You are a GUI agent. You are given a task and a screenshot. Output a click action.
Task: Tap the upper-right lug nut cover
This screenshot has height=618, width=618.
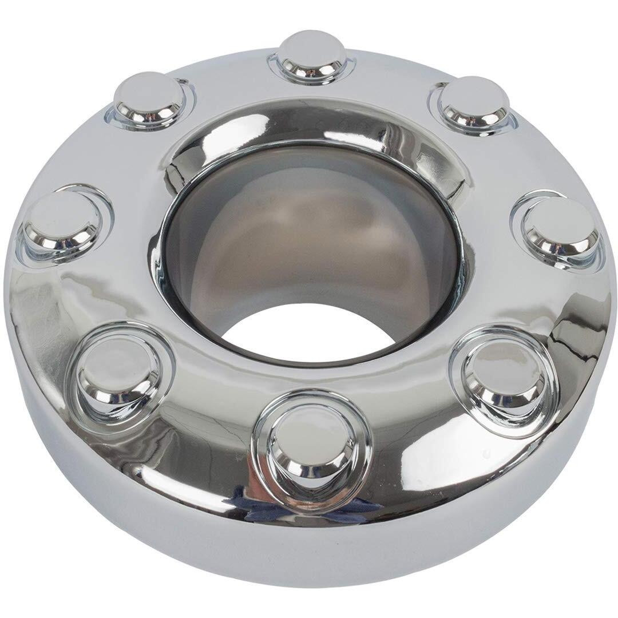(473, 103)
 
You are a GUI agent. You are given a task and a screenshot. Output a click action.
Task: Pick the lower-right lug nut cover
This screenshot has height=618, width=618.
(501, 375)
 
